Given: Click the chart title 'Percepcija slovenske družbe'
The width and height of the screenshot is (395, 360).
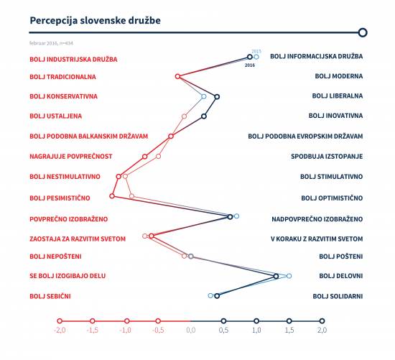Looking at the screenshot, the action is pos(96,21).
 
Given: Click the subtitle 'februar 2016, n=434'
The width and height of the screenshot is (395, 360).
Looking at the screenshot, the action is pos(51,43).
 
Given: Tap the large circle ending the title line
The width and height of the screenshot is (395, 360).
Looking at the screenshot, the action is pos(363,32).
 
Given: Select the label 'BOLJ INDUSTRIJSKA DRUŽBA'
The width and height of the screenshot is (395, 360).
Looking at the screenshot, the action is pos(73,60).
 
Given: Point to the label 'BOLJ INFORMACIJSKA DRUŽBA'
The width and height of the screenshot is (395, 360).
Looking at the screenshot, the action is pos(317,56).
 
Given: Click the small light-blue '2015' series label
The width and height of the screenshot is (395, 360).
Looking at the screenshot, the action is pos(256,51).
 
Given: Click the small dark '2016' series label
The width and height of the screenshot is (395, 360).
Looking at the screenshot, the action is pos(250,65).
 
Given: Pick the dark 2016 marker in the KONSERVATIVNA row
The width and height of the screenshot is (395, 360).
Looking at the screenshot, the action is pos(217,96).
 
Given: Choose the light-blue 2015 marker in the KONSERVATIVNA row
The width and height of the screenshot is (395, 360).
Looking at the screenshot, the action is pos(204,96).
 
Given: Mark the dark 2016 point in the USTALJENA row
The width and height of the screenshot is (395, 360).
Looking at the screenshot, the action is pos(204,116).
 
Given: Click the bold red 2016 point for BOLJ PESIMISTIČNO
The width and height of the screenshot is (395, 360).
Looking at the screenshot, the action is pos(112,196).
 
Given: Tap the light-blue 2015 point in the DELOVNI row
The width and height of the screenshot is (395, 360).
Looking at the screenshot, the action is pos(289,276).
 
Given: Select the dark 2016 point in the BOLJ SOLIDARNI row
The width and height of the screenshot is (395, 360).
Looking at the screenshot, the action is pos(217,296).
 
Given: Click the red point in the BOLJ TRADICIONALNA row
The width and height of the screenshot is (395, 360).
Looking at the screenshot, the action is pos(177,76).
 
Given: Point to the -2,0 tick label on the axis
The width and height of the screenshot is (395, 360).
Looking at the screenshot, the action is pos(60,330).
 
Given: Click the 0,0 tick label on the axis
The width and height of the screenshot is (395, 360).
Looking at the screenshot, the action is pos(191,330).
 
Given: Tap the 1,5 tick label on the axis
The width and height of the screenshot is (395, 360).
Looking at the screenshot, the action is pos(289,330).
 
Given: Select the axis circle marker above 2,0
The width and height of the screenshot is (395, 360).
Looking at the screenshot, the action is pos(322,321).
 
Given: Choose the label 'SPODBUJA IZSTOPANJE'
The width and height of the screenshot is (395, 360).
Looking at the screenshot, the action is pos(327,157).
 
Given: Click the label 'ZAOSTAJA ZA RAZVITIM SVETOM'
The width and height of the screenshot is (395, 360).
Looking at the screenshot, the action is pos(78,239).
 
